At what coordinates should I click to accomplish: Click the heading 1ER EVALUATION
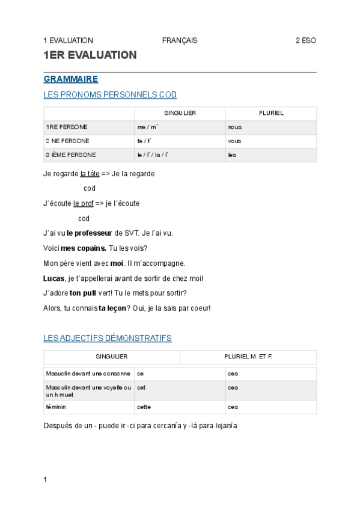[x=90, y=55]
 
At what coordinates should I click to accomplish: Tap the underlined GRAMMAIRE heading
[x=71, y=79]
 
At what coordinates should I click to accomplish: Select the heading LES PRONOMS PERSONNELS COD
[x=110, y=95]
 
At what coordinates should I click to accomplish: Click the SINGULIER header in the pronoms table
[x=180, y=113]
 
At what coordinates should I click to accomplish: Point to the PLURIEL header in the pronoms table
[x=271, y=113]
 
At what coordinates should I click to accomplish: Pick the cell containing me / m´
[x=147, y=127]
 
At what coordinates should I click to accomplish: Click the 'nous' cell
[x=235, y=127]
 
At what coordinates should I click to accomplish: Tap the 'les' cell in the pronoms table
[x=232, y=155]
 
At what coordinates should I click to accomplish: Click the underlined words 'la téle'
[x=90, y=174]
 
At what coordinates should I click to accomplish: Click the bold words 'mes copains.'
[x=84, y=248]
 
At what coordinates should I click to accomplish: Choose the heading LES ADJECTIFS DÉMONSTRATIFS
[x=108, y=338]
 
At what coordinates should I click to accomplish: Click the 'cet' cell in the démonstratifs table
[x=141, y=388]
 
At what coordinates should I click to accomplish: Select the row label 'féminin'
[x=56, y=407]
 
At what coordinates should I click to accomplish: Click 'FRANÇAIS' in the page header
[x=180, y=40]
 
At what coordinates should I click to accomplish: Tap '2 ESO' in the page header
[x=305, y=40]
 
